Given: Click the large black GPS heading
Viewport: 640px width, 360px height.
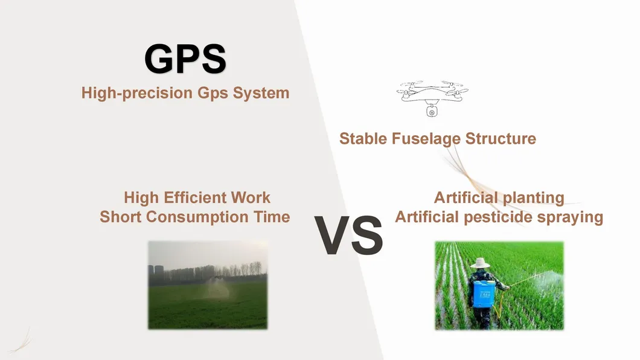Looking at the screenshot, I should click(x=185, y=59).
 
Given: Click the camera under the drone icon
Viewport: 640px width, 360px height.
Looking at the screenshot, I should click(x=432, y=112).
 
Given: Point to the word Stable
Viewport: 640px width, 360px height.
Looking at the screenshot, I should click(x=363, y=139).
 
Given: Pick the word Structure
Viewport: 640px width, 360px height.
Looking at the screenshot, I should click(x=501, y=139).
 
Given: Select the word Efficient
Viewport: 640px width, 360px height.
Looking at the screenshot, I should click(x=194, y=198).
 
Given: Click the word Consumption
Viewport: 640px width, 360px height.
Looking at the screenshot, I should click(x=204, y=217).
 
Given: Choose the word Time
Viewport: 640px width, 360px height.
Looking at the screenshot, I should click(x=270, y=217).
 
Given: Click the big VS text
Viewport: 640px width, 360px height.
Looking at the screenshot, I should click(x=348, y=236).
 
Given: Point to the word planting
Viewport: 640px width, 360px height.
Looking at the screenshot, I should click(x=533, y=198).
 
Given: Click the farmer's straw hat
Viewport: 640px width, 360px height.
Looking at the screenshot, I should click(x=481, y=263).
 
